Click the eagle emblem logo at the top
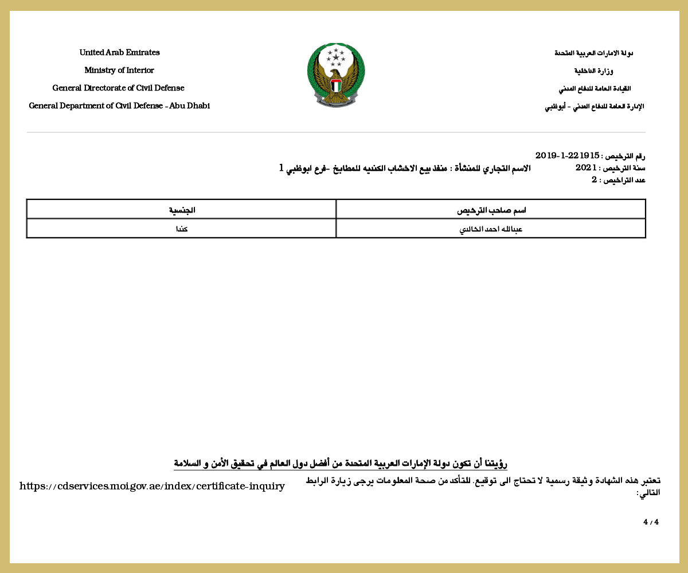tap(336, 74)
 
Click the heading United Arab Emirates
tap(119, 53)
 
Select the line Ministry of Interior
tap(119, 70)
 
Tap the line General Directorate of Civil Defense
tap(119, 88)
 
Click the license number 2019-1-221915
tap(567, 156)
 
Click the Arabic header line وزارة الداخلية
tap(593, 71)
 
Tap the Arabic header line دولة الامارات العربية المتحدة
tap(593, 53)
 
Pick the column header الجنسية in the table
tap(182, 210)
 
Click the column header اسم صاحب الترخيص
tap(491, 210)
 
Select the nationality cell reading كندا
tap(182, 229)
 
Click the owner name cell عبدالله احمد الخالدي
tap(491, 229)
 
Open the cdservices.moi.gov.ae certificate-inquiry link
tap(152, 486)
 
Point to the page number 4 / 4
tap(651, 522)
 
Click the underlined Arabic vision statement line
tap(341, 464)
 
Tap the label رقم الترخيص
tap(626, 156)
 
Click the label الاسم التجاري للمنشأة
tap(491, 168)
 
